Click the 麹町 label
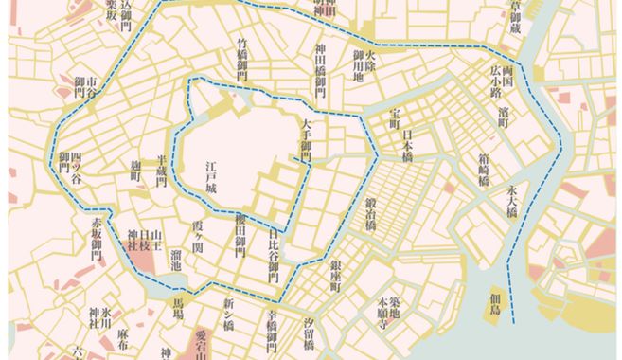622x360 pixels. [134, 175]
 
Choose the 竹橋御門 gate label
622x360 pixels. [242, 59]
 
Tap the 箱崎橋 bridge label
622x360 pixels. [484, 167]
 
